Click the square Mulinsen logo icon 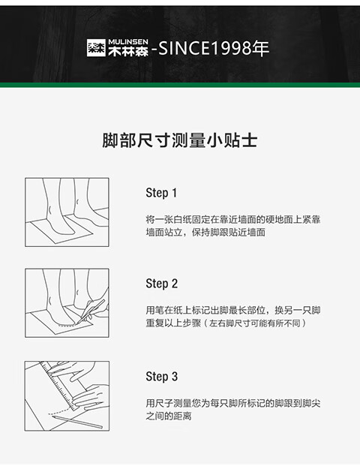[96, 48]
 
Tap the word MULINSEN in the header [128, 42]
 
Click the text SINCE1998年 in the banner [214, 48]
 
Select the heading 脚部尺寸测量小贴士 [180, 140]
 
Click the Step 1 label [161, 193]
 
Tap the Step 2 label [161, 284]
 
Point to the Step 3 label [161, 377]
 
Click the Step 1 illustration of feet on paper [67, 212]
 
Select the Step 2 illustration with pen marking [67, 303]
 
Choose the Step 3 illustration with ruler [67, 396]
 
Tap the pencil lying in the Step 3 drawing [77, 422]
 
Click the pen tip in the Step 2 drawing [76, 323]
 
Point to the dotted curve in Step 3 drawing [59, 412]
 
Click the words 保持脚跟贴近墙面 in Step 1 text [229, 232]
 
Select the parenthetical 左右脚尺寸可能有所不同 [255, 323]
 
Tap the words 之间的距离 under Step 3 [169, 416]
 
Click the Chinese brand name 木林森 [128, 52]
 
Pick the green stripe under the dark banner [180, 85]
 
